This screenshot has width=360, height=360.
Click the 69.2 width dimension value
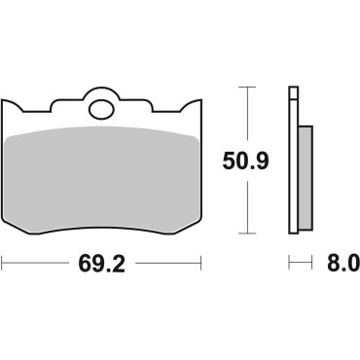point(100,263)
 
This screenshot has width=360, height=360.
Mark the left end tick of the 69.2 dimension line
point(3,263)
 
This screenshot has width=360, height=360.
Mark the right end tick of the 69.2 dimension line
point(199,263)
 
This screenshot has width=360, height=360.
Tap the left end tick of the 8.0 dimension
point(288,263)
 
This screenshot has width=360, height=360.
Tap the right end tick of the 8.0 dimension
point(310,263)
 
